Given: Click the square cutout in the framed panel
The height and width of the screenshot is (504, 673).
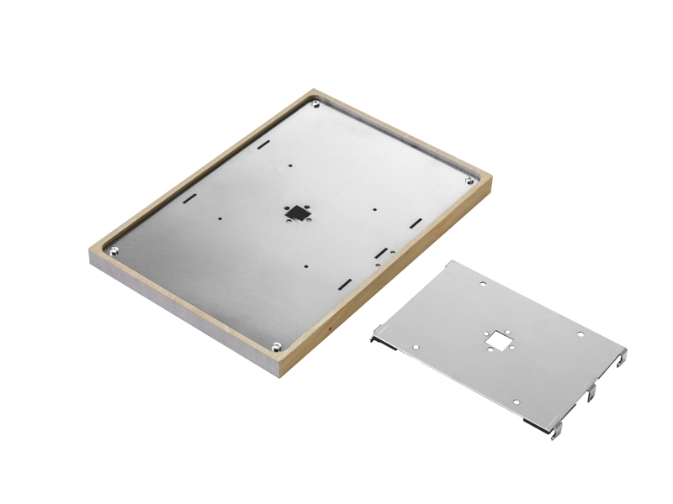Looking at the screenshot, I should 297,213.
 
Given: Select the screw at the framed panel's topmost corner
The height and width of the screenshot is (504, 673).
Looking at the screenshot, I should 315,104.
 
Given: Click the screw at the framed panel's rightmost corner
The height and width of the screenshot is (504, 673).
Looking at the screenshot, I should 469,180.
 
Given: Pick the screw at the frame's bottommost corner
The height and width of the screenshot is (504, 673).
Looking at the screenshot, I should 277,344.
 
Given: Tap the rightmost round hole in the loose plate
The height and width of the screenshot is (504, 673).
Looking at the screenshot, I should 580,334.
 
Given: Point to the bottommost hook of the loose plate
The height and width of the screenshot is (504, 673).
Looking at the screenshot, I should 555,433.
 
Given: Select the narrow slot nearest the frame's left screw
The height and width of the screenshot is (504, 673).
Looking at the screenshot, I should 189,198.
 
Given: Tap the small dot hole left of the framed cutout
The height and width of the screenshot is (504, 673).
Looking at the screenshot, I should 220,218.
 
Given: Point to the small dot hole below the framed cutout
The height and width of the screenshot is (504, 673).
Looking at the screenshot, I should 306,267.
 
